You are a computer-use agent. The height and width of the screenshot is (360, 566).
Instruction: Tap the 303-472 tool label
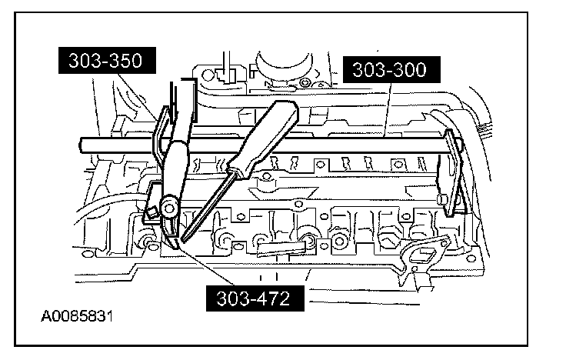[x=253, y=298]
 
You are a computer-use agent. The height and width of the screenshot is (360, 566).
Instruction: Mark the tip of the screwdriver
[x=182, y=239]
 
